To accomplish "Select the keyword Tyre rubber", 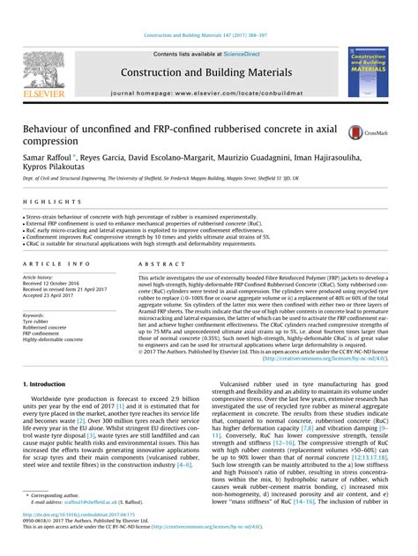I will pos(39,321).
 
